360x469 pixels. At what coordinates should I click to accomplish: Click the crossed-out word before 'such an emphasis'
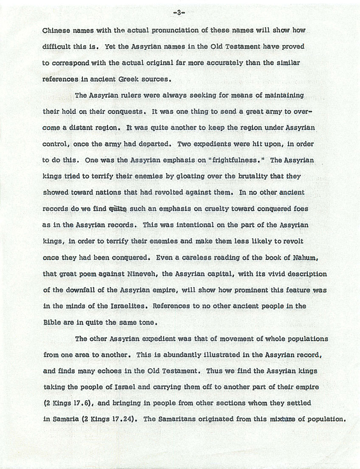click(x=118, y=208)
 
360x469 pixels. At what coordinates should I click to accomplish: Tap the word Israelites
click(x=126, y=306)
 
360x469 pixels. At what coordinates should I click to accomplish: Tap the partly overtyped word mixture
click(x=283, y=419)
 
